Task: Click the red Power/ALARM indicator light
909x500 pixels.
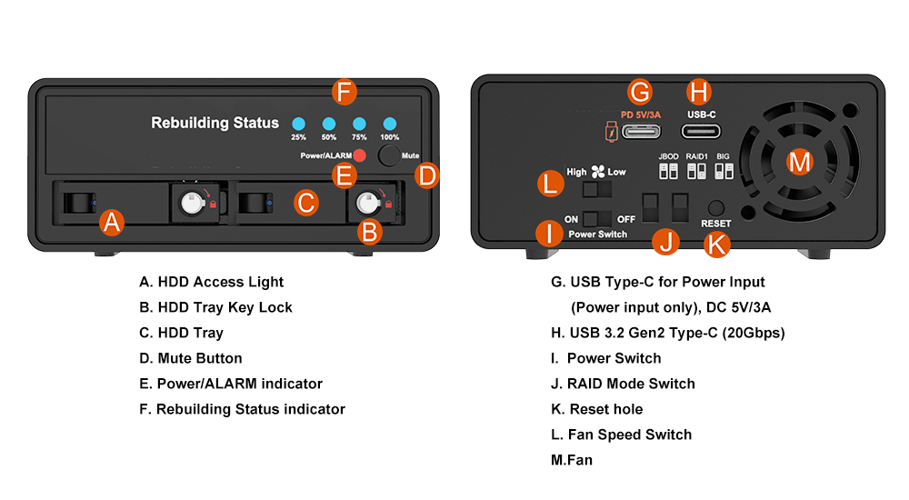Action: (x=360, y=155)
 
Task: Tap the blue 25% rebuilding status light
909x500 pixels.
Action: (x=298, y=125)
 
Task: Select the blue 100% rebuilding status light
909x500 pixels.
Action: (x=390, y=125)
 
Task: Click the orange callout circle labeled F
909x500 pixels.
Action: (x=343, y=92)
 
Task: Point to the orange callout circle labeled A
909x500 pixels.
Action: (x=111, y=221)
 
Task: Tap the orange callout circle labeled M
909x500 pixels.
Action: (x=800, y=162)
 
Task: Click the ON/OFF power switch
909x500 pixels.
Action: (x=596, y=218)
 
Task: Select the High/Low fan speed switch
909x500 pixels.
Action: (x=596, y=188)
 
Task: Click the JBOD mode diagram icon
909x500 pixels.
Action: (x=668, y=171)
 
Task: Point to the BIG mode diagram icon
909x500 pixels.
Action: (x=724, y=171)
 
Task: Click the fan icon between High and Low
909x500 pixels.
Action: (x=597, y=171)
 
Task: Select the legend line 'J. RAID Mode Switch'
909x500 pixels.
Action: (x=623, y=384)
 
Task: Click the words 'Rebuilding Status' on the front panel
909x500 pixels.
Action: (x=215, y=123)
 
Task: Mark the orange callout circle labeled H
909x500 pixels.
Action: (x=698, y=91)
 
